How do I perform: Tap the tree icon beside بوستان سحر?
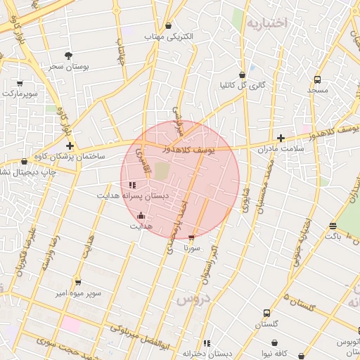pyautogui.click(x=68, y=55)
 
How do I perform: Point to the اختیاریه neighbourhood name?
pyautogui.click(x=266, y=23)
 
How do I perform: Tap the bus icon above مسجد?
pyautogui.click(x=317, y=80)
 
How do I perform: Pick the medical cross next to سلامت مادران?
pyautogui.click(x=281, y=138)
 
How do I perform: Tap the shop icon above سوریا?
pyautogui.click(x=191, y=238)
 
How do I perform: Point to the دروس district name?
pyautogui.click(x=193, y=299)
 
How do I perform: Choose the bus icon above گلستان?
pyautogui.click(x=266, y=313)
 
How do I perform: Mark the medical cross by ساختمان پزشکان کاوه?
pyautogui.click(x=70, y=145)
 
